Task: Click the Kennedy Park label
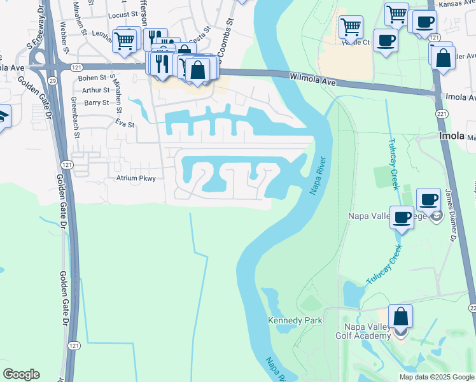[295, 320]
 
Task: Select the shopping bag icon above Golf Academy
[400, 316]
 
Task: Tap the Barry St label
[97, 103]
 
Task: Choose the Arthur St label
[96, 90]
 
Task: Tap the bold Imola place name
[452, 136]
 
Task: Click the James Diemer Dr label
[451, 217]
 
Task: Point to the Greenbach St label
[74, 118]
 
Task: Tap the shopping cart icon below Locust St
[124, 41]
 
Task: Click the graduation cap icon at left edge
[3, 117]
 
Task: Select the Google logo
[21, 374]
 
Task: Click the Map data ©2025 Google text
[436, 377]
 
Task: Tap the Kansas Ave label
[456, 4]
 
